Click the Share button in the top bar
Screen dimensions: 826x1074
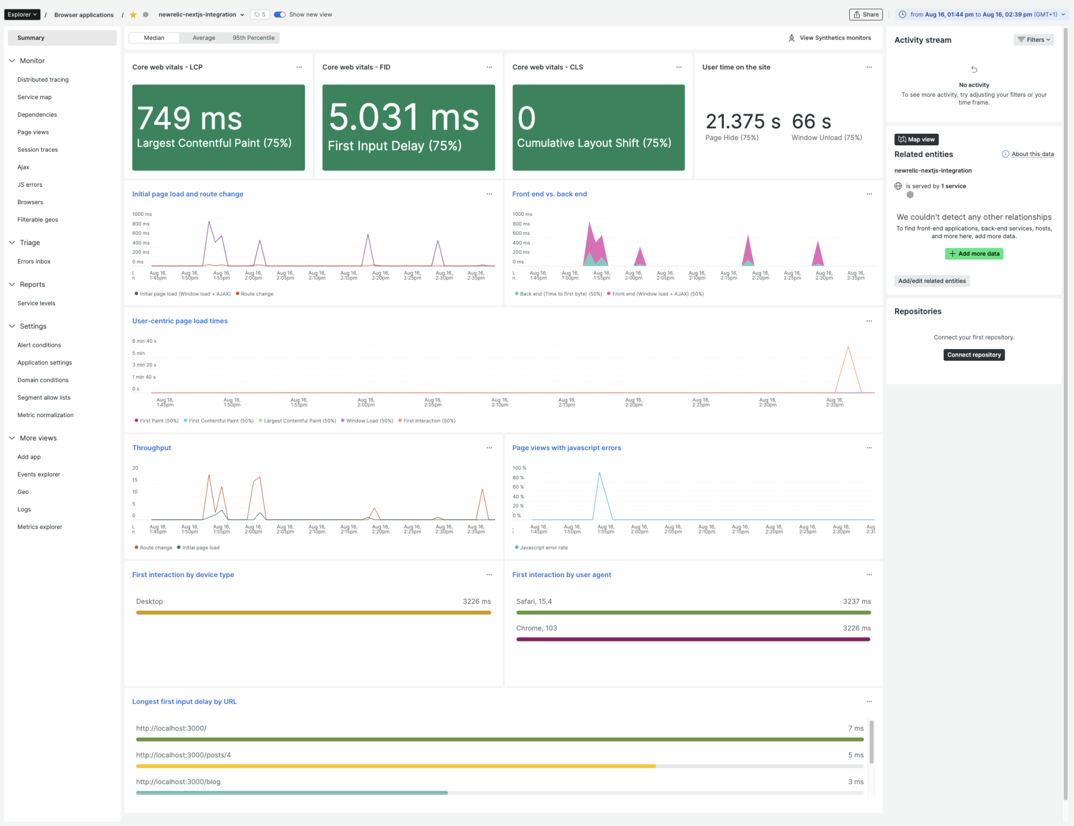865,15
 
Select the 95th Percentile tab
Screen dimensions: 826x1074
253,38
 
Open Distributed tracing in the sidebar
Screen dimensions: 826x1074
43,80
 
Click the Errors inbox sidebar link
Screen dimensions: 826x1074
34,262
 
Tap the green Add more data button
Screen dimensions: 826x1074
974,254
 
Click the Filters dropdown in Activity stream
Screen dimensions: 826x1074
1033,40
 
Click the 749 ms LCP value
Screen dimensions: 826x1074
190,119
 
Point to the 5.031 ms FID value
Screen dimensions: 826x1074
403,117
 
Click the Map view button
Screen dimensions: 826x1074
916,140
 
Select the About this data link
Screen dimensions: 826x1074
1032,154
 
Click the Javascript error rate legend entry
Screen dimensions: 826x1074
543,548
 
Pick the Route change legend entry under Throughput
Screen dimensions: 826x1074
155,548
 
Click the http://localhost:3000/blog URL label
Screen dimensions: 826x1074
178,782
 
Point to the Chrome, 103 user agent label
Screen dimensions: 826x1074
536,629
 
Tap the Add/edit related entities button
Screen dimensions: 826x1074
931,281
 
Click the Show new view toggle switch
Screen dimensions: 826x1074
280,15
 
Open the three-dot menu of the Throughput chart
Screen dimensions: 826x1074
489,448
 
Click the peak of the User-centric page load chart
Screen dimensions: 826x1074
848,347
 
